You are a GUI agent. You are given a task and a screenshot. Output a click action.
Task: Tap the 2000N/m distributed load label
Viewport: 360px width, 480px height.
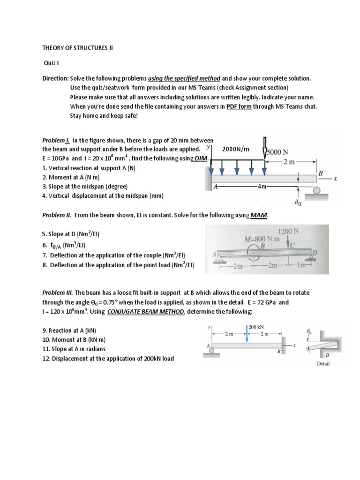tap(237, 149)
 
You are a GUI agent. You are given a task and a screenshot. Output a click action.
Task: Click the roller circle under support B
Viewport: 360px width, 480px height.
tap(316, 190)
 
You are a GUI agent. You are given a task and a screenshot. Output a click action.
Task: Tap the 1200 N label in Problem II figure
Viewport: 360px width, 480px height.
tap(287, 231)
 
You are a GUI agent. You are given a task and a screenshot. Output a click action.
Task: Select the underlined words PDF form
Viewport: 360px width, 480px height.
tap(240, 106)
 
